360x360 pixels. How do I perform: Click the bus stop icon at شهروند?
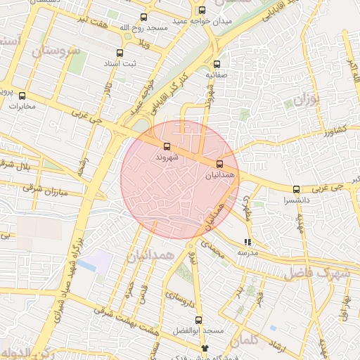click(x=167, y=147)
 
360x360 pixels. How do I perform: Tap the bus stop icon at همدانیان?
click(x=219, y=163)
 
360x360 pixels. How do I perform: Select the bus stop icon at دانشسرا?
click(x=296, y=189)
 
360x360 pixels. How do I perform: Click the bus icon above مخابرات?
click(x=22, y=96)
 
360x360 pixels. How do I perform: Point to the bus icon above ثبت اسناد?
click(x=119, y=53)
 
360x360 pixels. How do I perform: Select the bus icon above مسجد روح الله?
click(x=144, y=17)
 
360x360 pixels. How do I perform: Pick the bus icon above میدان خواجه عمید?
click(x=202, y=10)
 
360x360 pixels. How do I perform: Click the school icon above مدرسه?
click(x=247, y=243)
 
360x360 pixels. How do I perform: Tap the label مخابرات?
click(x=22, y=106)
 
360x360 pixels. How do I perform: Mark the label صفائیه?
click(x=217, y=74)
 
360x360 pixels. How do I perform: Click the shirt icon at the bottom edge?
click(x=205, y=348)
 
